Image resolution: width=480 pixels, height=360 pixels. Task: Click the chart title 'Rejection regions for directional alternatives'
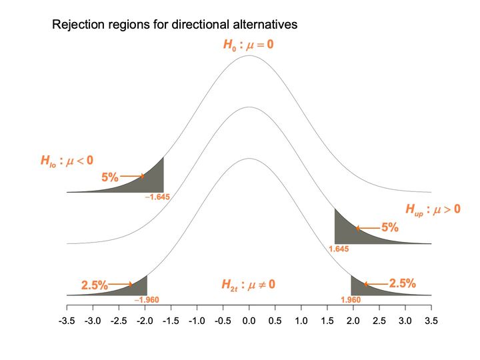(175, 25)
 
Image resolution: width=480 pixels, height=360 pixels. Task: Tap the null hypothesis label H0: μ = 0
(248, 45)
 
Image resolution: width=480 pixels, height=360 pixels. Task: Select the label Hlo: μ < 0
(67, 161)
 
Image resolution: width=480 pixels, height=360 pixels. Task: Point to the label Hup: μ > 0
(433, 209)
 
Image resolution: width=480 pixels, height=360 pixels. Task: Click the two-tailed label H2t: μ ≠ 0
(248, 285)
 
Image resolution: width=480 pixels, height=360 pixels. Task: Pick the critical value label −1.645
(157, 197)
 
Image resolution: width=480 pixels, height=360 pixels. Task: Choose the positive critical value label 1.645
(339, 249)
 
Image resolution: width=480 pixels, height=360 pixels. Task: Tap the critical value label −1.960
(147, 300)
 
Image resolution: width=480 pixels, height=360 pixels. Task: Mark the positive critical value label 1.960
(351, 300)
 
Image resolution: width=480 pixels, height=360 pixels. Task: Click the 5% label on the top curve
(110, 177)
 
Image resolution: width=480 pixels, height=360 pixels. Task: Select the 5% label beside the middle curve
(390, 227)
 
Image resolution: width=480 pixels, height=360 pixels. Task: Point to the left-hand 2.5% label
(95, 285)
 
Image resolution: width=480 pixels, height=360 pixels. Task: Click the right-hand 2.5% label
(403, 283)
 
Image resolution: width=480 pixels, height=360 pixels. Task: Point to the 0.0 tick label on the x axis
(249, 321)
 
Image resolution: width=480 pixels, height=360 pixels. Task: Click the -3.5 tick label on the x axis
(67, 321)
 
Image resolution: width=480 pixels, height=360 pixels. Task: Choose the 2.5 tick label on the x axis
(379, 321)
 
